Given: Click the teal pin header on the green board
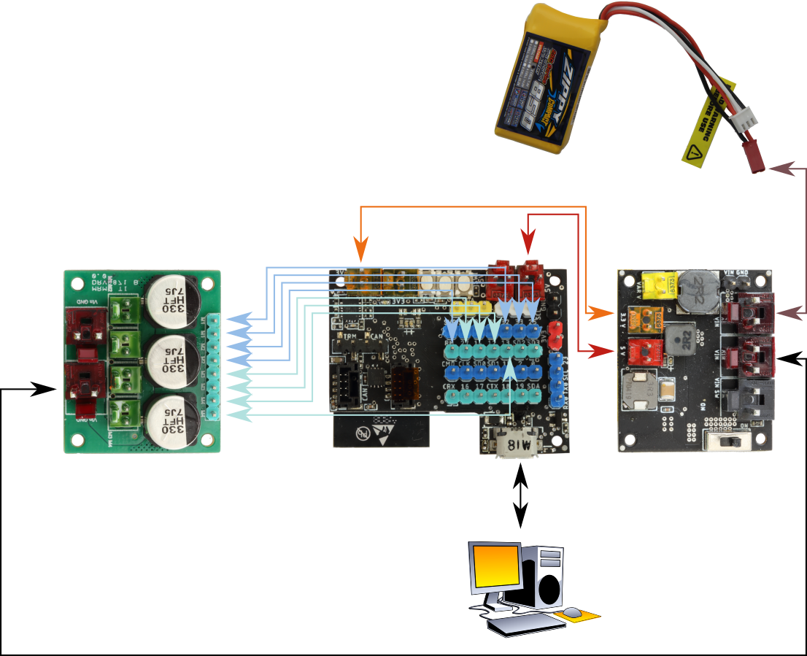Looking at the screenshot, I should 213,366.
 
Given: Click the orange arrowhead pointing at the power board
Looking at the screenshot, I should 603,313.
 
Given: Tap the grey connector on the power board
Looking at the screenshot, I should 752,398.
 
